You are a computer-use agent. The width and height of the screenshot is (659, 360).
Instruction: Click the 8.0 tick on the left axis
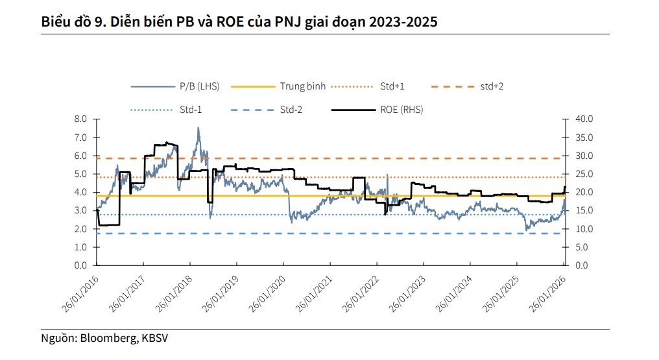[80, 119]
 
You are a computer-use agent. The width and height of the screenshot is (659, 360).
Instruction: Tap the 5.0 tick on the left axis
[80, 174]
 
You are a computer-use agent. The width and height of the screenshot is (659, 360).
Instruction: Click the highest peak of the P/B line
[198, 128]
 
